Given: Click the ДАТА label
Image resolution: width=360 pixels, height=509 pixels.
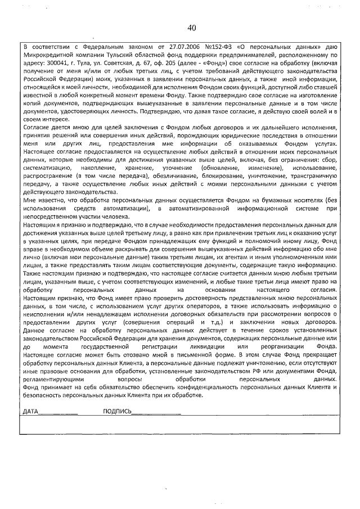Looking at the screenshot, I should [x=29, y=413].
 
